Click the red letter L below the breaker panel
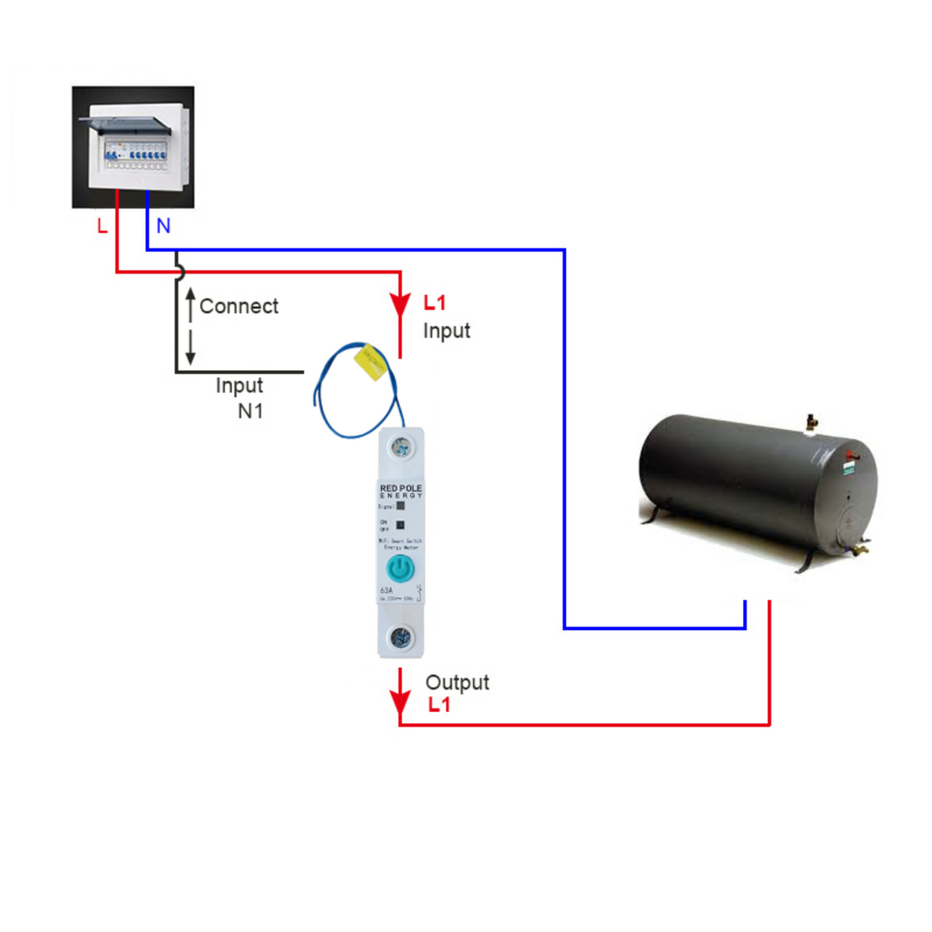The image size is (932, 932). [103, 226]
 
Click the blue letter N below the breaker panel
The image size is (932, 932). [163, 226]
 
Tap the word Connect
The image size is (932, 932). [239, 306]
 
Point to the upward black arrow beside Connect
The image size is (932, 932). [191, 305]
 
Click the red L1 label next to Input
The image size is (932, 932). [436, 304]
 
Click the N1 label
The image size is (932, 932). [250, 411]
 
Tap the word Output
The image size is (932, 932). [457, 683]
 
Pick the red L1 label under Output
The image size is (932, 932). [440, 705]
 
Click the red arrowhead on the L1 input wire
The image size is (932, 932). [400, 307]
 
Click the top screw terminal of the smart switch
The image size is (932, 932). [400, 447]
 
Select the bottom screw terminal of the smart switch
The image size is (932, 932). [400, 638]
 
